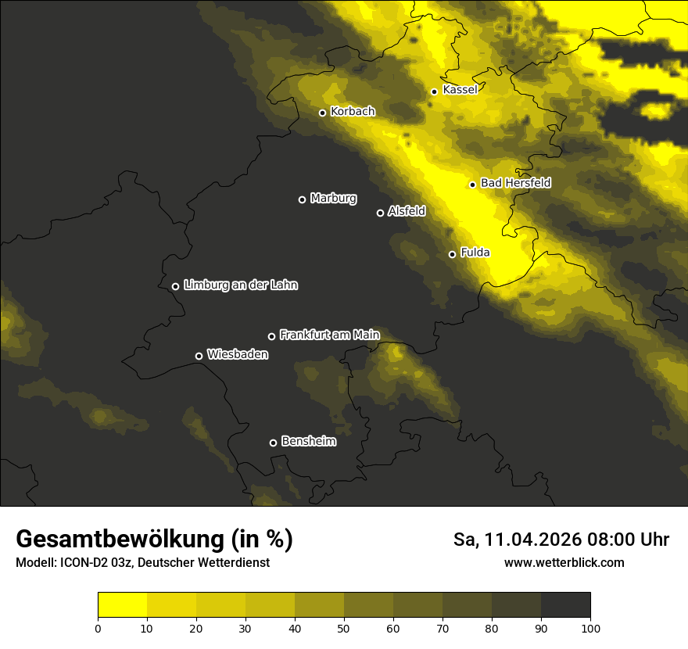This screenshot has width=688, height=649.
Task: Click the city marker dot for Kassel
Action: click(434, 91)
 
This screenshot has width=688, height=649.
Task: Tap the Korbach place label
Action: click(353, 112)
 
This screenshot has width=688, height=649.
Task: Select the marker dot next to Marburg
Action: click(302, 199)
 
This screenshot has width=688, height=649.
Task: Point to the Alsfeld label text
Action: click(407, 211)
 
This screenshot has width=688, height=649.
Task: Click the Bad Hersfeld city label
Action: click(515, 183)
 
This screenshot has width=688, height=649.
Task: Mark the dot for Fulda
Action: click(452, 254)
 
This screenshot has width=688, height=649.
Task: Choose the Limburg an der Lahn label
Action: click(240, 285)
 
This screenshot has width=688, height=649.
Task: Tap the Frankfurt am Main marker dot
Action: click(271, 336)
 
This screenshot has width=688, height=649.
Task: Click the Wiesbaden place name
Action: click(237, 355)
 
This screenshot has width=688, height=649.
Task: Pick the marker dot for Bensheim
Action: click(273, 443)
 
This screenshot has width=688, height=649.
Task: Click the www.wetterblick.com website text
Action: click(564, 562)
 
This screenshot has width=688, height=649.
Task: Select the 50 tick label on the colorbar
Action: click(344, 627)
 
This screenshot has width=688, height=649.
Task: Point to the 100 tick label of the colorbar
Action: click(590, 627)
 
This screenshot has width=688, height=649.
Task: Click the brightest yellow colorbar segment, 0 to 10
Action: click(122, 605)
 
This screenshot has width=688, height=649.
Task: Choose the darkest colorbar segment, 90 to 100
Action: click(565, 605)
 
